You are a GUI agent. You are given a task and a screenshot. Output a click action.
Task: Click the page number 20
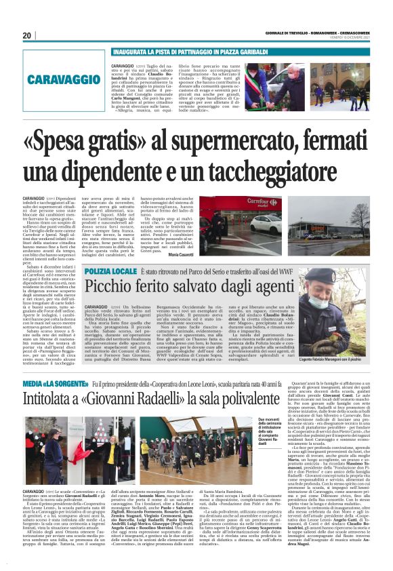(27, 35)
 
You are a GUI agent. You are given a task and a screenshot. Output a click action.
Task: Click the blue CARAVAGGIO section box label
(60, 80)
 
